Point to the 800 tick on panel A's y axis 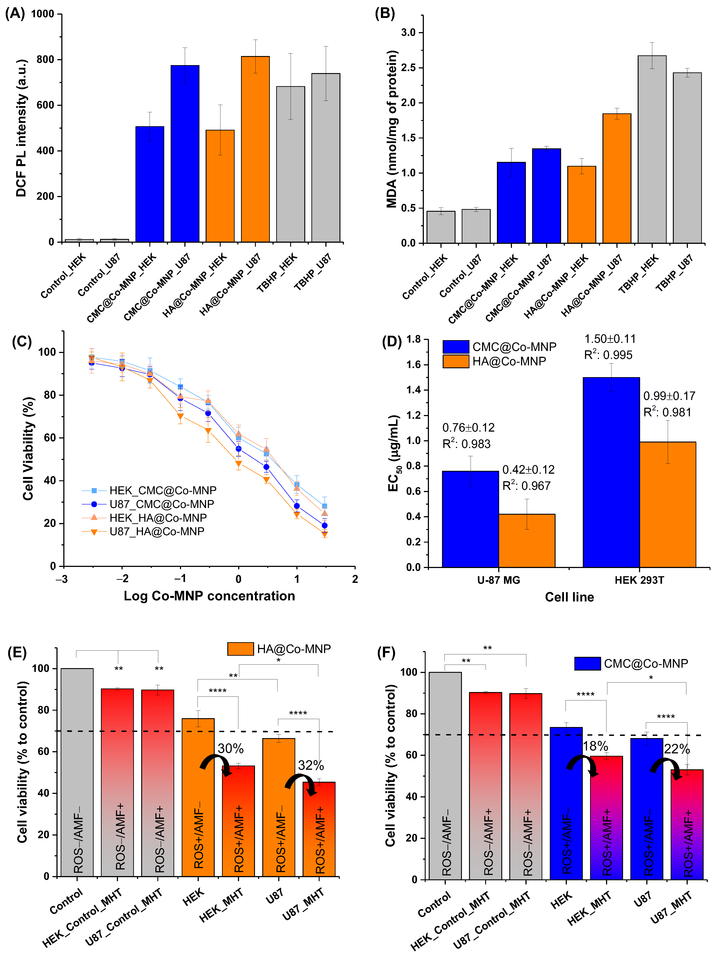pos(45,60)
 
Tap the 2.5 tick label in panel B pos(408,68)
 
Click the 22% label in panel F pos(677,749)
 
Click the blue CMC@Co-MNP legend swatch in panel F pos(587,663)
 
